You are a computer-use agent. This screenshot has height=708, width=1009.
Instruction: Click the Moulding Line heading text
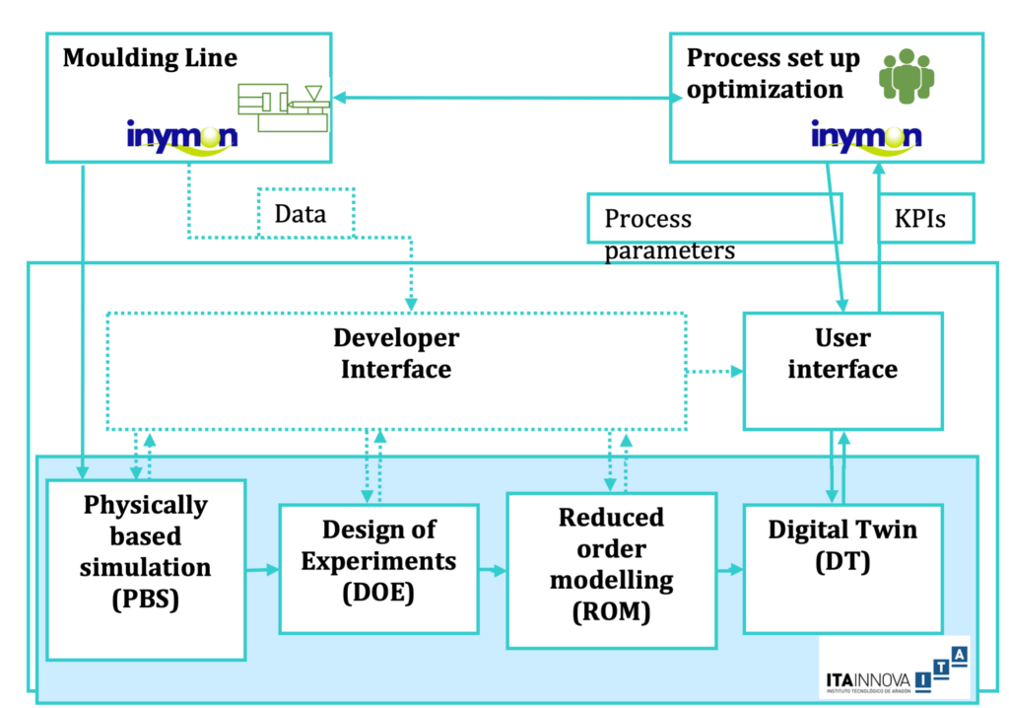(150, 58)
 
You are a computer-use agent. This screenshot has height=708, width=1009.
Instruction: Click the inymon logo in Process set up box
(866, 136)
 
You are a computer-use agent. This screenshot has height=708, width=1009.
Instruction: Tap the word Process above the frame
(647, 219)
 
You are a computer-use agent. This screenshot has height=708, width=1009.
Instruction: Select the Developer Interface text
(396, 353)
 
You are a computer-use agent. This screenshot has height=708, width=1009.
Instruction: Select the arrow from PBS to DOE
(261, 569)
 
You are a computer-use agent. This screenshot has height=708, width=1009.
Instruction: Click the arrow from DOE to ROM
(492, 570)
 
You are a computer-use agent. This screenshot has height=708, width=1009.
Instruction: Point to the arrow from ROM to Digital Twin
(729, 570)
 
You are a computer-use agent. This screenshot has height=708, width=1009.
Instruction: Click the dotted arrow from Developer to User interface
(714, 372)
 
